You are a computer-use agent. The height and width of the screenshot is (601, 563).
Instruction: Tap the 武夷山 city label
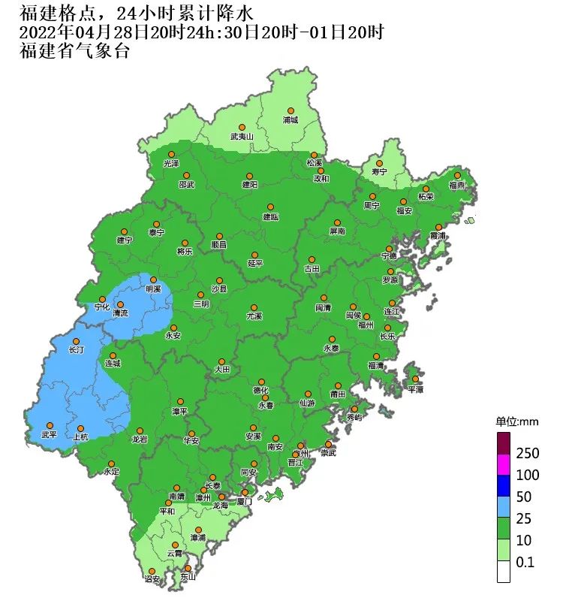pyautogui.click(x=242, y=137)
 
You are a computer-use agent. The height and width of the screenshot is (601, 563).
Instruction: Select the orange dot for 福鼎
pyautogui.click(x=457, y=175)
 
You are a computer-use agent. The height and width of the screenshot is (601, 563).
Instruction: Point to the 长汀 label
pyautogui.click(x=76, y=350)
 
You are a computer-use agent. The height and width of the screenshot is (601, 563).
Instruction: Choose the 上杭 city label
pyautogui.click(x=80, y=436)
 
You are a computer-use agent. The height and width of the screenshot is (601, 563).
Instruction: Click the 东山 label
pyautogui.click(x=188, y=577)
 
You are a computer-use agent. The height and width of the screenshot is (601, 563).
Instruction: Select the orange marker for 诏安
pyautogui.click(x=152, y=570)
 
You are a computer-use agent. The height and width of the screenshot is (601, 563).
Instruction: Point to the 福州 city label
pyautogui.click(x=366, y=325)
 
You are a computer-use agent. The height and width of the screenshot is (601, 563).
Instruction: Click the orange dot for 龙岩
pyautogui.click(x=139, y=430)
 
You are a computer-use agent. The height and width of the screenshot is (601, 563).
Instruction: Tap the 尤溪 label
pyautogui.click(x=254, y=317)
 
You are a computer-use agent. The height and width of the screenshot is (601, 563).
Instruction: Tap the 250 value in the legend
pyautogui.click(x=527, y=454)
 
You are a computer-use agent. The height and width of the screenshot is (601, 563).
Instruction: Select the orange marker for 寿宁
pyautogui.click(x=379, y=163)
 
